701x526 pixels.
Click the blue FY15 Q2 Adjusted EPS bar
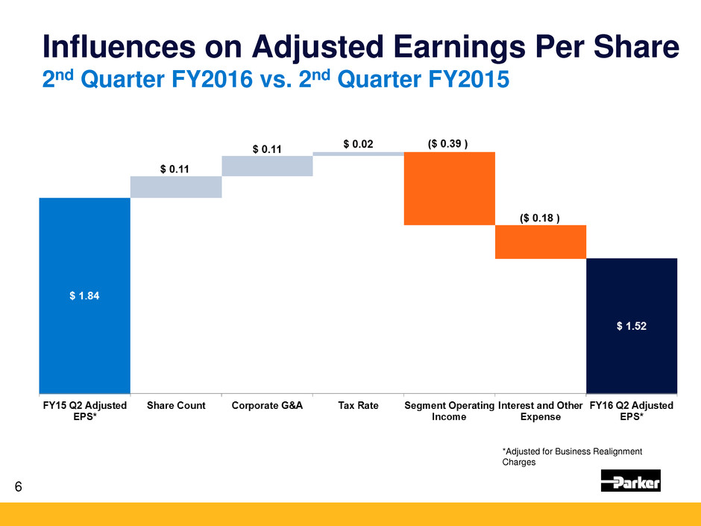pyautogui.click(x=84, y=295)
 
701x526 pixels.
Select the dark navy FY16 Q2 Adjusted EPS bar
pyautogui.click(x=632, y=326)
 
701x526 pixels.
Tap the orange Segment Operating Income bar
pyautogui.click(x=449, y=188)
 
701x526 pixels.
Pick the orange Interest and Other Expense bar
pyautogui.click(x=541, y=242)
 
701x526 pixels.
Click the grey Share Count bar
pyautogui.click(x=176, y=187)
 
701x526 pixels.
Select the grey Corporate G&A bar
pyautogui.click(x=267, y=166)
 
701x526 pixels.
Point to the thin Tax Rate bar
pyautogui.click(x=359, y=154)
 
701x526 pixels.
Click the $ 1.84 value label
pyautogui.click(x=84, y=295)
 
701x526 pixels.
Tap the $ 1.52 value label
pyautogui.click(x=632, y=326)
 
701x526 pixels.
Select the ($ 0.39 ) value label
pyautogui.click(x=448, y=143)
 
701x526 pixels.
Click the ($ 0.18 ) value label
pyautogui.click(x=540, y=218)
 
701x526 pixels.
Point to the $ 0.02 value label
pyautogui.click(x=358, y=144)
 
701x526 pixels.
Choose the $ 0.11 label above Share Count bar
pyautogui.click(x=175, y=169)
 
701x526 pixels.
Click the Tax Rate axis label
pyautogui.click(x=358, y=405)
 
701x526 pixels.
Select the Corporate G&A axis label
pyautogui.click(x=267, y=405)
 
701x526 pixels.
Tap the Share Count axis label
pyautogui.click(x=176, y=405)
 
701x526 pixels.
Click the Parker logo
pyautogui.click(x=631, y=480)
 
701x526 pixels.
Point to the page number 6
pyautogui.click(x=19, y=486)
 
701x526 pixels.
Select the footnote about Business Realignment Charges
pyautogui.click(x=572, y=457)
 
